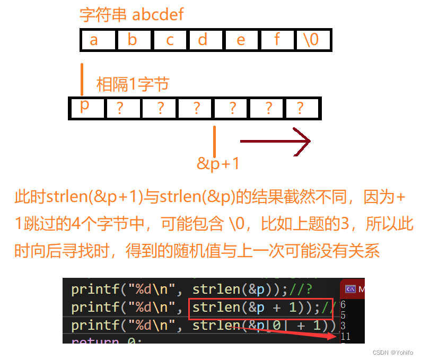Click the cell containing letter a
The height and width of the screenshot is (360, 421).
click(94, 40)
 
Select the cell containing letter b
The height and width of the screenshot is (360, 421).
click(133, 40)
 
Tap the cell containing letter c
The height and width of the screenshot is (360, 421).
click(170, 40)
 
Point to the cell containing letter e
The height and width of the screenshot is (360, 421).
click(241, 40)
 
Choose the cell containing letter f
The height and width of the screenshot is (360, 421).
click(277, 40)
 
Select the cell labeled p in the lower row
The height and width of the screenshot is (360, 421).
click(85, 108)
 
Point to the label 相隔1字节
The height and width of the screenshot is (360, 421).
click(133, 84)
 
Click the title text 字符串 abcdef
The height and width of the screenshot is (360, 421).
click(131, 14)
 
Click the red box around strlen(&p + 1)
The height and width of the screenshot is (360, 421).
click(262, 308)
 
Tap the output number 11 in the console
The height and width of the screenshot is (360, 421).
click(346, 336)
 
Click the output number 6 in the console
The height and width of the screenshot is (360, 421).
click(343, 304)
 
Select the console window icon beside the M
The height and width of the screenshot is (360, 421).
click(350, 289)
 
